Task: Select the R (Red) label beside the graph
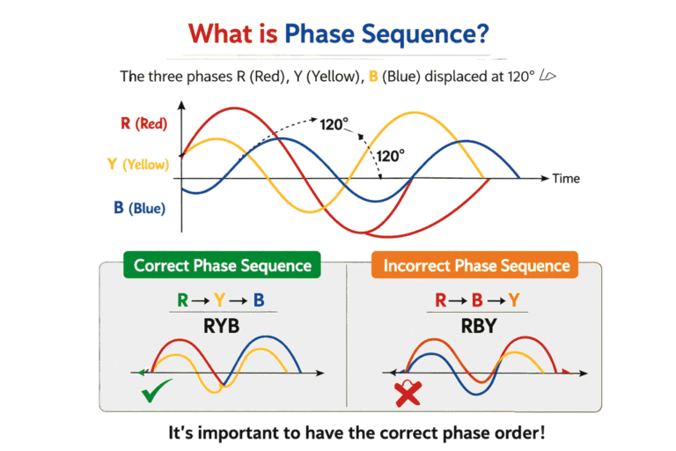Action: (x=143, y=123)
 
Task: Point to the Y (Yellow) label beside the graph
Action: (x=138, y=164)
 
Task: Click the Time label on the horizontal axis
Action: (x=566, y=179)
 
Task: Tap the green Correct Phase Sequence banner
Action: (x=222, y=265)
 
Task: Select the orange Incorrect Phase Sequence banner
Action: (x=476, y=265)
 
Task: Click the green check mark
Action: (x=156, y=393)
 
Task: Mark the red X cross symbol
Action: (x=408, y=395)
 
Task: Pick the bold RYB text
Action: (x=223, y=325)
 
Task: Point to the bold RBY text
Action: (x=477, y=325)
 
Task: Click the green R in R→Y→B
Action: (x=182, y=299)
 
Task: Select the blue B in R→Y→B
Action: (x=259, y=299)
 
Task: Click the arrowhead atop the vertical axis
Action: (x=181, y=106)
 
